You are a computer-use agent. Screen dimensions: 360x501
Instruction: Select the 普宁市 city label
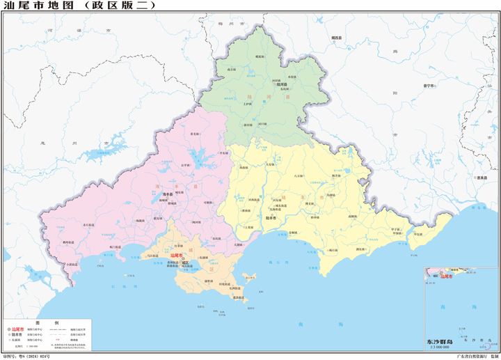point(429,86)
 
